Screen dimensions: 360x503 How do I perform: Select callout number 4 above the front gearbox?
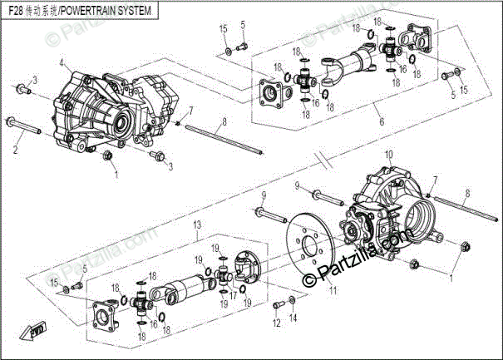(62, 63)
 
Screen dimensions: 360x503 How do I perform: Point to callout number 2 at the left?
(15, 150)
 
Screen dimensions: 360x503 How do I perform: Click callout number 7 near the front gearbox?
(191, 110)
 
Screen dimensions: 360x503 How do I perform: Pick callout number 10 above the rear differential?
(387, 155)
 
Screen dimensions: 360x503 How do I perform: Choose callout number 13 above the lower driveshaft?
(197, 225)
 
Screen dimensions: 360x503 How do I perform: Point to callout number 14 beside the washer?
(293, 318)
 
